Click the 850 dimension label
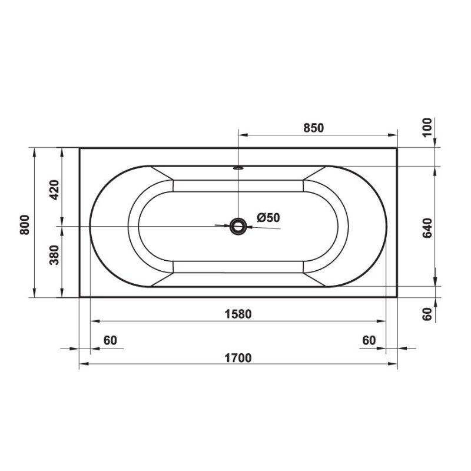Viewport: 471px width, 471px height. (314, 128)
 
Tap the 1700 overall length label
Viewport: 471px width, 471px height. (238, 358)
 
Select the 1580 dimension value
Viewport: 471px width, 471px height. (238, 314)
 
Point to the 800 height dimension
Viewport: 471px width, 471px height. (25, 225)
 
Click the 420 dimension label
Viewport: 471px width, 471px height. (54, 190)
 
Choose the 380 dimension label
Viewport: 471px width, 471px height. (54, 255)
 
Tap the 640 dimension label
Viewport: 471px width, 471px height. (427, 228)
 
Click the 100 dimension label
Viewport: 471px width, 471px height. (427, 128)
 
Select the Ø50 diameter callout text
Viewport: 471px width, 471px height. (268, 217)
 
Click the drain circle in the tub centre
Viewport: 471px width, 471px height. (238, 227)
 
